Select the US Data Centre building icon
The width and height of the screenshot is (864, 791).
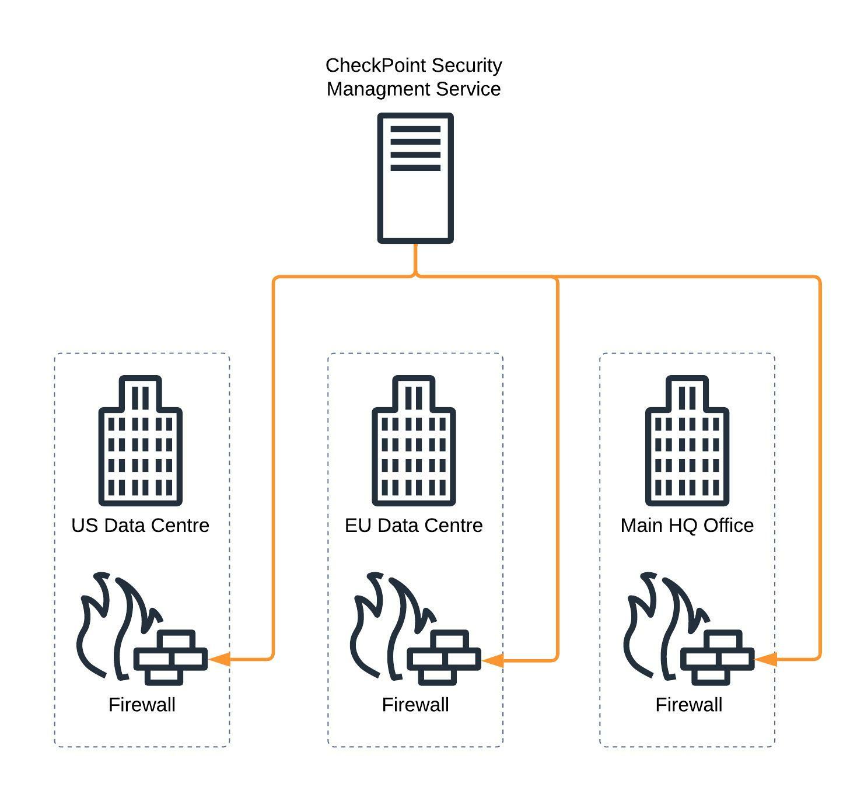pos(141,441)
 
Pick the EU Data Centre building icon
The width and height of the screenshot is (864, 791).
pos(414,441)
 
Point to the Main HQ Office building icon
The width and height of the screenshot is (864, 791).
pos(687,441)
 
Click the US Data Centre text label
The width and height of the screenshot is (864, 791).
pos(141,526)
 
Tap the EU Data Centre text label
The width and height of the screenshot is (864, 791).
pos(414,526)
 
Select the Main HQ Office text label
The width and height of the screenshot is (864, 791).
pos(687,526)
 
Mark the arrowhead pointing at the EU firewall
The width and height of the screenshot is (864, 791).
pos(494,660)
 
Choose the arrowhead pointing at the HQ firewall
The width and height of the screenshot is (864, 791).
pos(766,660)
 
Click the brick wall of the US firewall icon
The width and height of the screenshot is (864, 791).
pos(170,658)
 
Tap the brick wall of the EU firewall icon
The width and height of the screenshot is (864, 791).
pos(444,658)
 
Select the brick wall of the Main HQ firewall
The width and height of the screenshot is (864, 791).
pos(717,658)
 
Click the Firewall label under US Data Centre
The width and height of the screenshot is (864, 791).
pos(142,705)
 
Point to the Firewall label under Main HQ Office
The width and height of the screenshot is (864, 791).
pos(688,705)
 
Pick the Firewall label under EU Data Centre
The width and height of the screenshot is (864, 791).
pos(415,705)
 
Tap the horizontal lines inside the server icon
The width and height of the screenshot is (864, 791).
pos(415,148)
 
